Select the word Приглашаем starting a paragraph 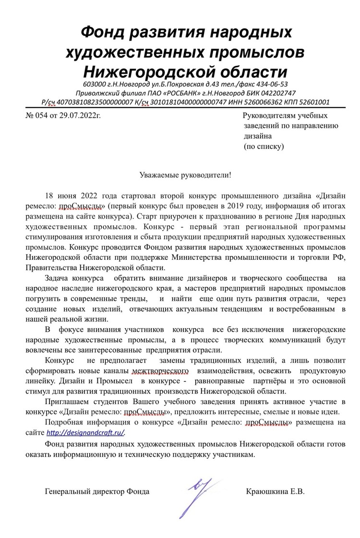point(66,401)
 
